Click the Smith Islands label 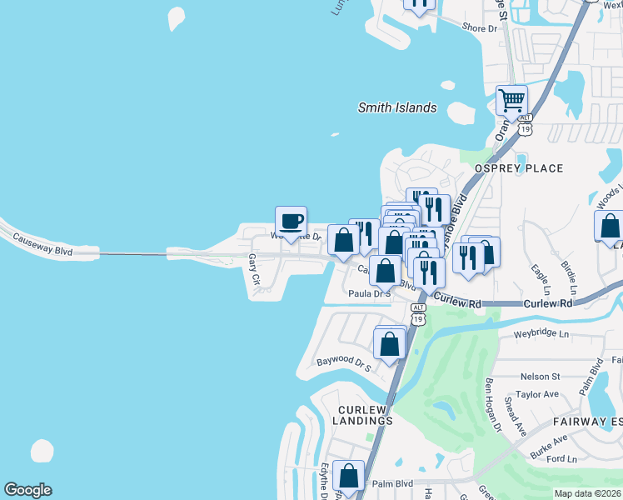396,107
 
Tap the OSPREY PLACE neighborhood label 519,168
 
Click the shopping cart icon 512,101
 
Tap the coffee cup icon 291,222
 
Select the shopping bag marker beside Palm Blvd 349,477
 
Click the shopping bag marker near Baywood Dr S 390,342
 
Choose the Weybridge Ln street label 541,333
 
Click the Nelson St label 540,377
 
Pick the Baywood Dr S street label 344,362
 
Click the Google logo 27,490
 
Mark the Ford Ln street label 561,459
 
